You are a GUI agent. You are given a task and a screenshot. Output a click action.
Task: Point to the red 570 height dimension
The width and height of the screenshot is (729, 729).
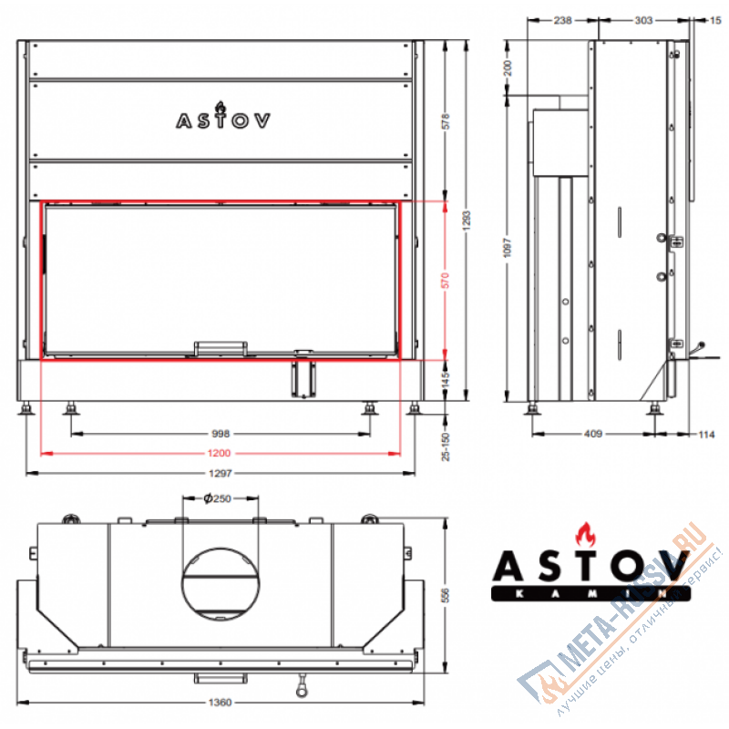click(446, 281)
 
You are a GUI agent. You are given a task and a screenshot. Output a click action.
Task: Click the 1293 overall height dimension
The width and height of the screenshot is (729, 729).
click(467, 219)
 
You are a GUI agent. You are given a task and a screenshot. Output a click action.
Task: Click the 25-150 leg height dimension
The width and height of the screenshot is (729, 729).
click(446, 439)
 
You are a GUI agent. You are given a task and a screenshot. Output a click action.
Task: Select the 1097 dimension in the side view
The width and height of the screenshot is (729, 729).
click(508, 248)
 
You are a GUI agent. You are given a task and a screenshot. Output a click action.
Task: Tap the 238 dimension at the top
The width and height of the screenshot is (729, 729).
click(562, 19)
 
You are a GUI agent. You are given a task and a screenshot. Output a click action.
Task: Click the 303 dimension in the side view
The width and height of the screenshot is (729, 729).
click(643, 19)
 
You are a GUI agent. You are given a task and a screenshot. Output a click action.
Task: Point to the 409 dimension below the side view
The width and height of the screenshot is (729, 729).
click(593, 434)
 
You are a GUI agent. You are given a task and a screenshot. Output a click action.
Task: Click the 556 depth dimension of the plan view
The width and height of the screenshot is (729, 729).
click(446, 595)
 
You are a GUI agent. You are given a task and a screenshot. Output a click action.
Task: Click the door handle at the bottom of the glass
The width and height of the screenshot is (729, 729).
click(220, 347)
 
